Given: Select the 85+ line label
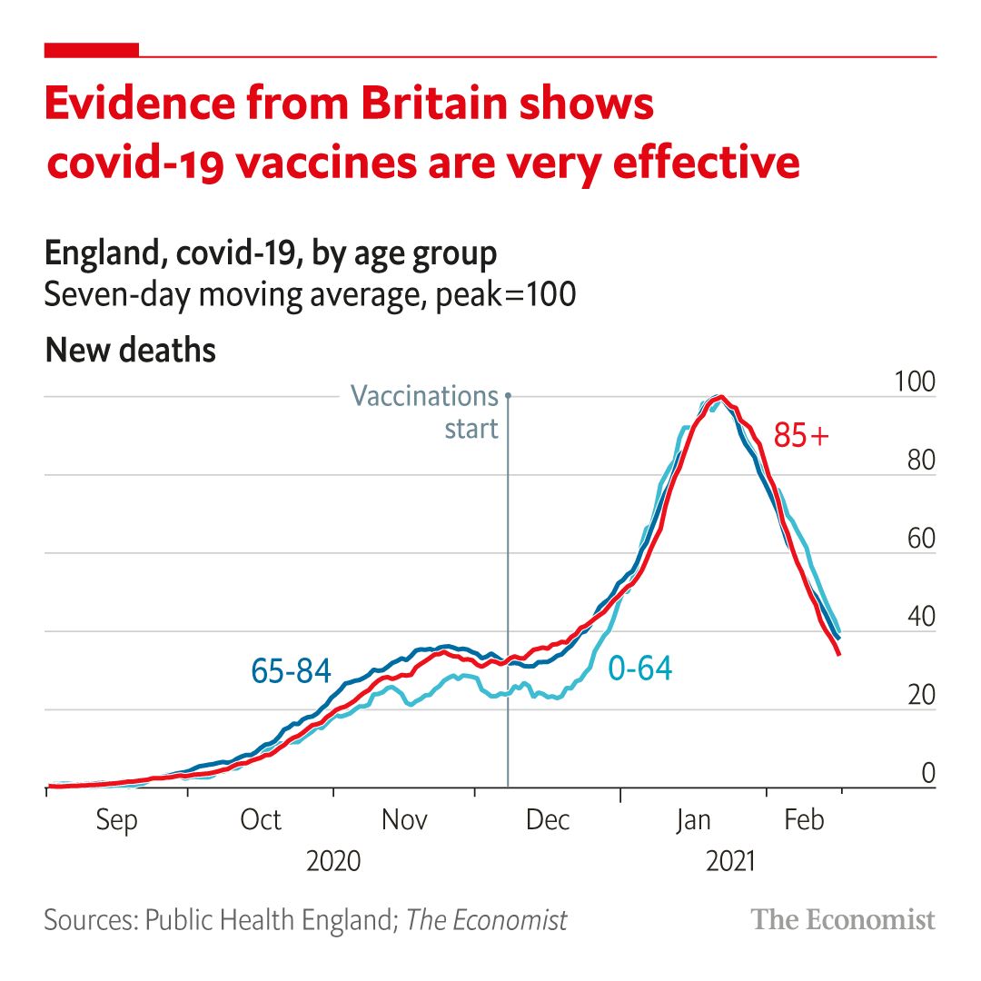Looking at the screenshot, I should click(801, 436).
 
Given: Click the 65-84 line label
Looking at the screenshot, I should click(291, 670).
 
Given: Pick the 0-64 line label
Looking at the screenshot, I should click(639, 669).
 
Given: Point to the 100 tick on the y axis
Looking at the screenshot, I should click(915, 381).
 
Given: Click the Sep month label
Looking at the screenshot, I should click(116, 820).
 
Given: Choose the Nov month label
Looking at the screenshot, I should click(404, 820).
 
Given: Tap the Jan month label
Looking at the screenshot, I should click(693, 820).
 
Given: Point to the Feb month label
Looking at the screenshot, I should click(804, 820).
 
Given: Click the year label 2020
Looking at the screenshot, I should click(333, 860).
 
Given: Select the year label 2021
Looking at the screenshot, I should click(729, 860).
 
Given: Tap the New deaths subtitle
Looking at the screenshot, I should click(131, 350).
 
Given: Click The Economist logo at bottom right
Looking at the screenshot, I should click(843, 920).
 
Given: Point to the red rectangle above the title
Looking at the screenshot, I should click(92, 50).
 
